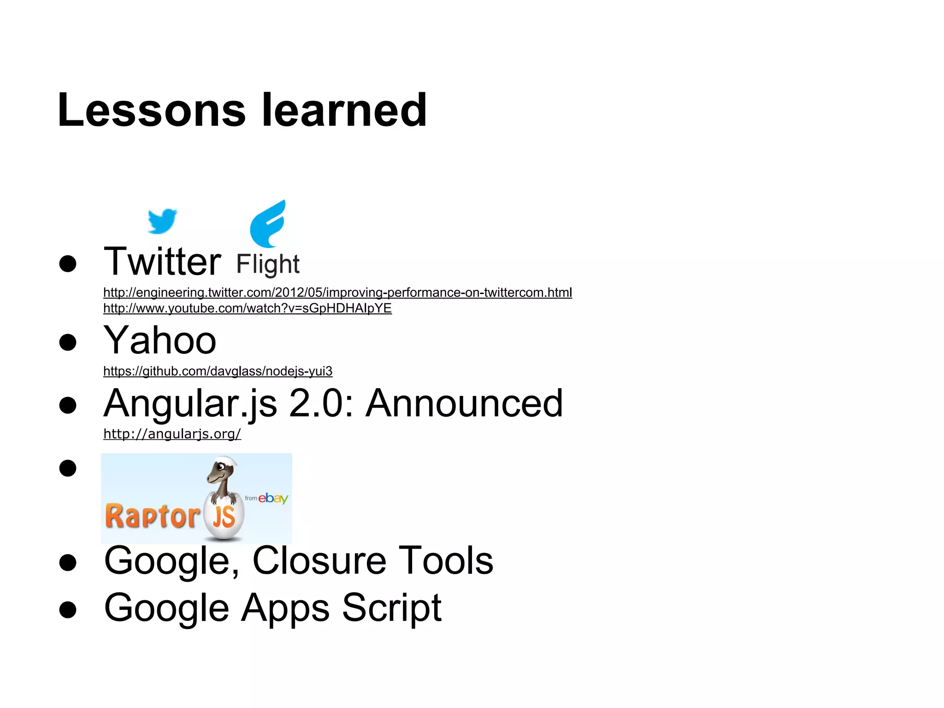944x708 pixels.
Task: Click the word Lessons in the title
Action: pos(152,110)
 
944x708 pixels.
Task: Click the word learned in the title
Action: pos(344,110)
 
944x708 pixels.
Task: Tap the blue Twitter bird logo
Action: pos(162,221)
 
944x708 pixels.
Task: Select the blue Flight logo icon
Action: pos(268,224)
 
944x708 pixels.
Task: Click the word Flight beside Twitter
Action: pos(268,265)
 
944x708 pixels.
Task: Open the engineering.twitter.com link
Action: pos(337,293)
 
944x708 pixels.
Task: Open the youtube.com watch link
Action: pos(248,308)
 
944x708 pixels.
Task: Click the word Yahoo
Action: pos(160,340)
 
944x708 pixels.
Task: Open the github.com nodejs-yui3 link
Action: pos(218,371)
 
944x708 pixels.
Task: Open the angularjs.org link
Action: pos(172,434)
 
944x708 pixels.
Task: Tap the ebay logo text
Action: pos(273,498)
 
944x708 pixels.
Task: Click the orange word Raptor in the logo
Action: pos(152,516)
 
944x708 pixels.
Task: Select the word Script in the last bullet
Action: pos(392,608)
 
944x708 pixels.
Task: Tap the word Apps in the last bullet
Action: pos(286,608)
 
